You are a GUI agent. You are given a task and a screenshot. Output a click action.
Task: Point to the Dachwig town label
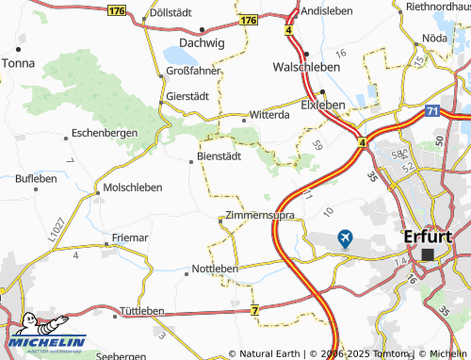(202, 43)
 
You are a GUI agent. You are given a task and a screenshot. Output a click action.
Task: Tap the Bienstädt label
(220, 155)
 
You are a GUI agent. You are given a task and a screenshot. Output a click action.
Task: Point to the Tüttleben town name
(141, 311)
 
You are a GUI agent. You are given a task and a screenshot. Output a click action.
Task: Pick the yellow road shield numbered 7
(255, 309)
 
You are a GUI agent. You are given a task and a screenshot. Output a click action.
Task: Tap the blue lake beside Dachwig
(178, 53)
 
